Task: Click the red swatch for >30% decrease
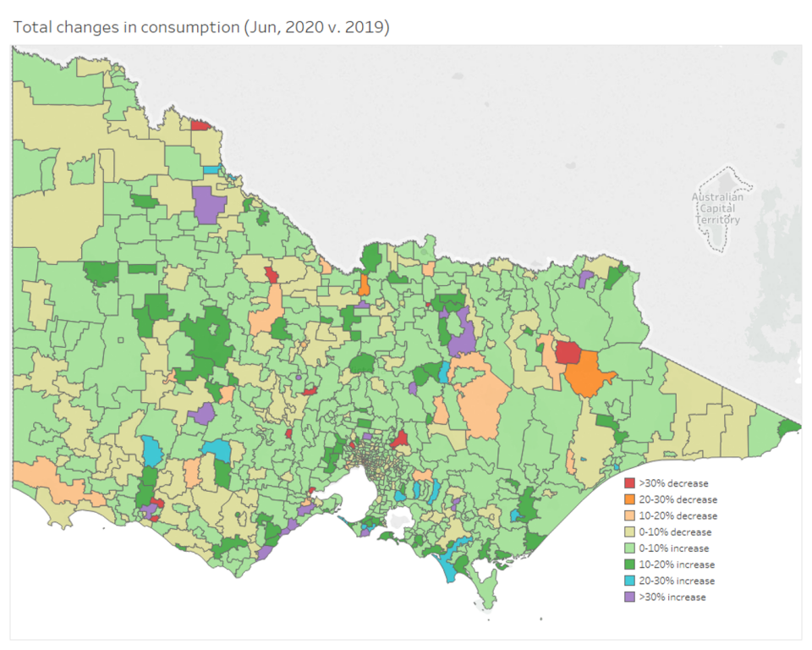tap(629, 482)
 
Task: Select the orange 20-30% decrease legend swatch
tap(629, 499)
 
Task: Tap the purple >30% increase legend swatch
tap(629, 597)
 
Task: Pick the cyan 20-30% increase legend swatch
tap(629, 581)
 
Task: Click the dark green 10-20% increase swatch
tap(629, 565)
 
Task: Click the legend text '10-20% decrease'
tap(678, 515)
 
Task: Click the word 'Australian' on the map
tap(717, 197)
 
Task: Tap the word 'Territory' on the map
tap(717, 220)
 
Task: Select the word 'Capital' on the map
tap(717, 209)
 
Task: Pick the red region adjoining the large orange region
tap(568, 351)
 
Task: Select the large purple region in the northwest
tap(208, 205)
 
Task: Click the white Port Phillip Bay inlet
tap(364, 495)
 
